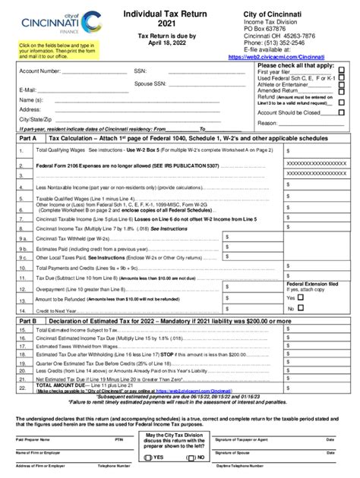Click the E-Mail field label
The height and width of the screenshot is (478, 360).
click(27, 90)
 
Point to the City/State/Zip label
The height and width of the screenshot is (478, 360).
click(35, 119)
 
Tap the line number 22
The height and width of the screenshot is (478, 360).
click(24, 387)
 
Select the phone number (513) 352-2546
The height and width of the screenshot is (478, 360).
click(276, 42)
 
